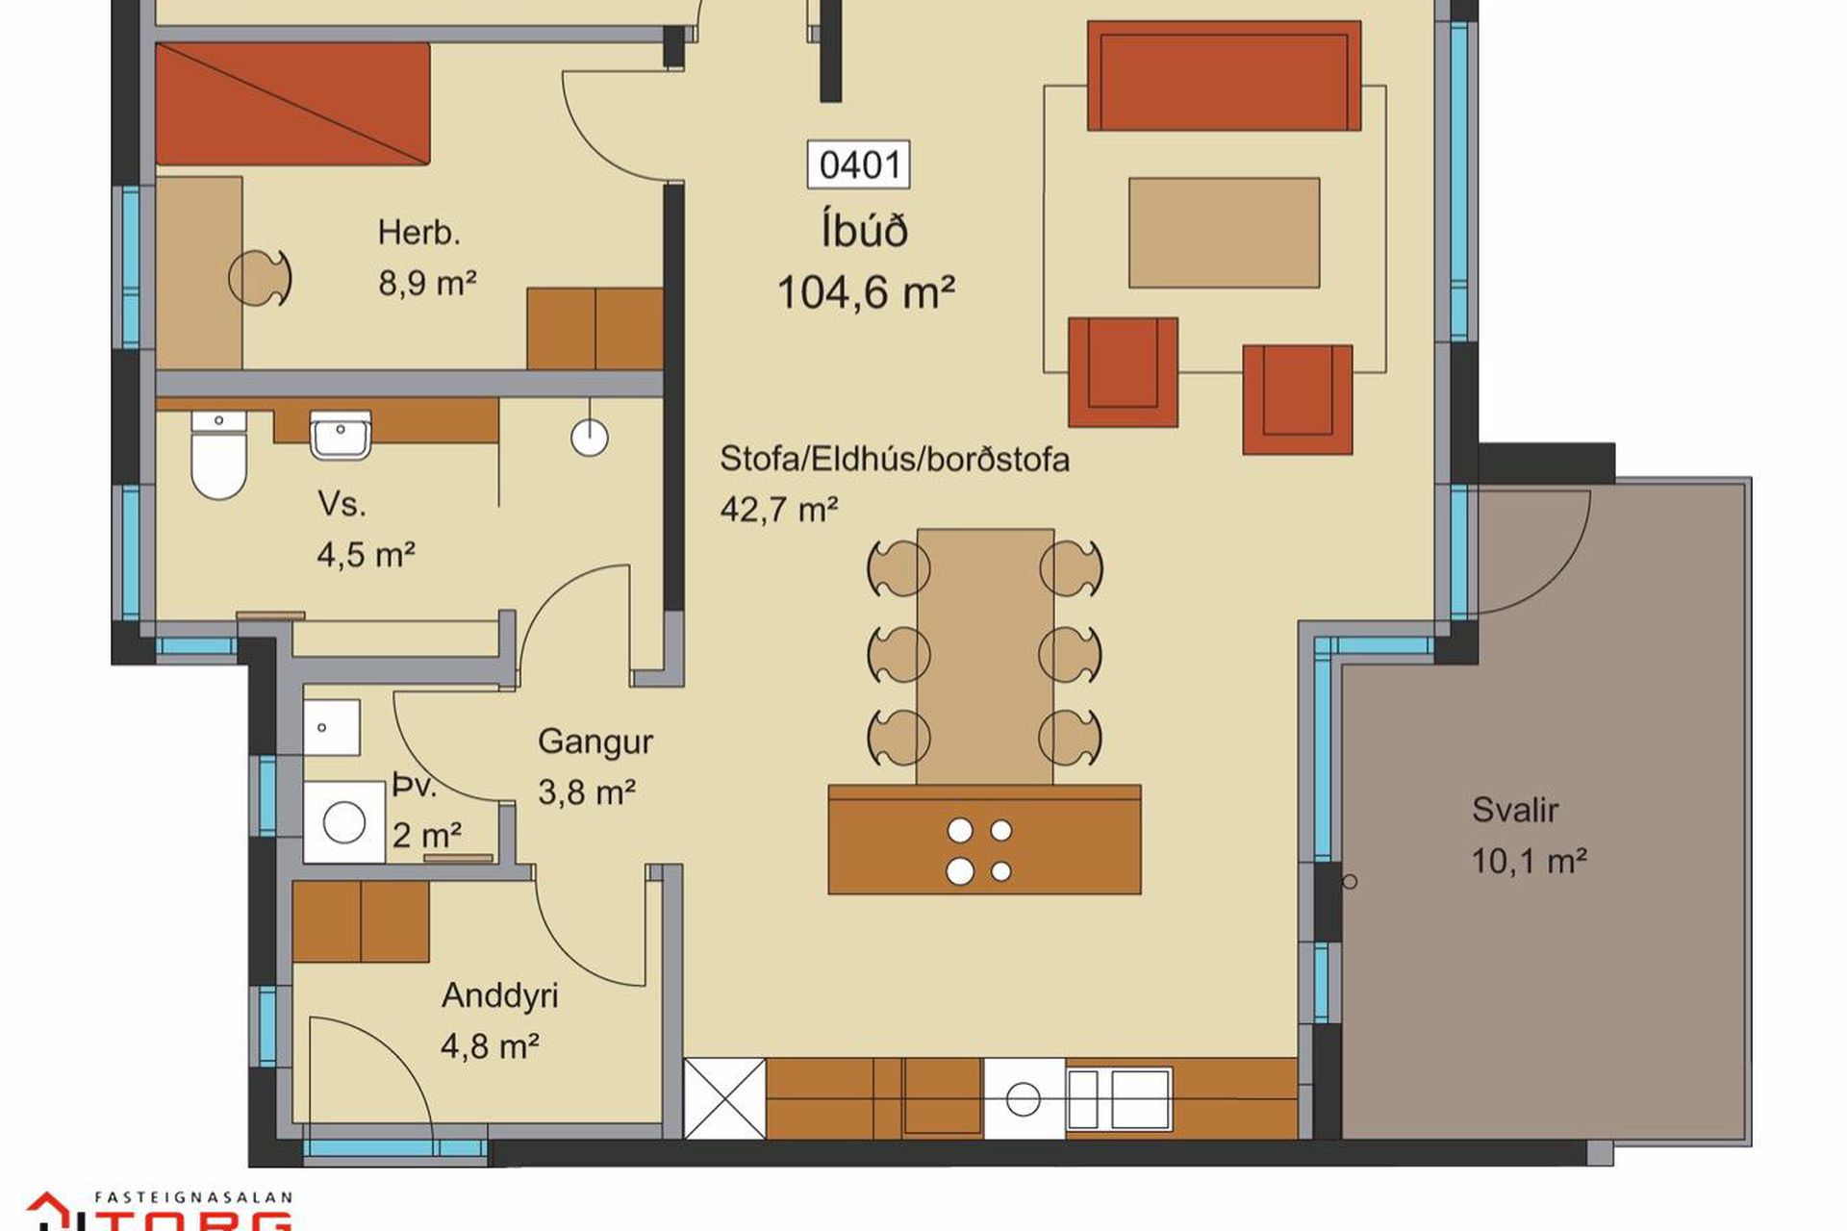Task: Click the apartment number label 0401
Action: [858, 164]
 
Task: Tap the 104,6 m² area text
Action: [866, 292]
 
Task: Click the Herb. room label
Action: [419, 233]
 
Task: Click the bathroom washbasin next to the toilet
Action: [341, 435]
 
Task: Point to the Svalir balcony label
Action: [1514, 810]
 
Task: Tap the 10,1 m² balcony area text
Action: [1529, 860]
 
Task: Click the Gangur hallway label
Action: [595, 741]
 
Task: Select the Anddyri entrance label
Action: [500, 995]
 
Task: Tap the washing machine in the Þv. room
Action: [343, 822]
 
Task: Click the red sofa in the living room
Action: [1224, 75]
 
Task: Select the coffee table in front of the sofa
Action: [1224, 233]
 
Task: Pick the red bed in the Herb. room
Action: [291, 103]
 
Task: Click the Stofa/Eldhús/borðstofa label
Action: [895, 460]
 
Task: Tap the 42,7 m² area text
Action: [779, 509]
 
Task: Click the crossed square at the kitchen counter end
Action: [724, 1098]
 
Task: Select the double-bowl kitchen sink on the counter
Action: [1119, 1098]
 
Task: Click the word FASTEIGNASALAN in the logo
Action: [192, 1198]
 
